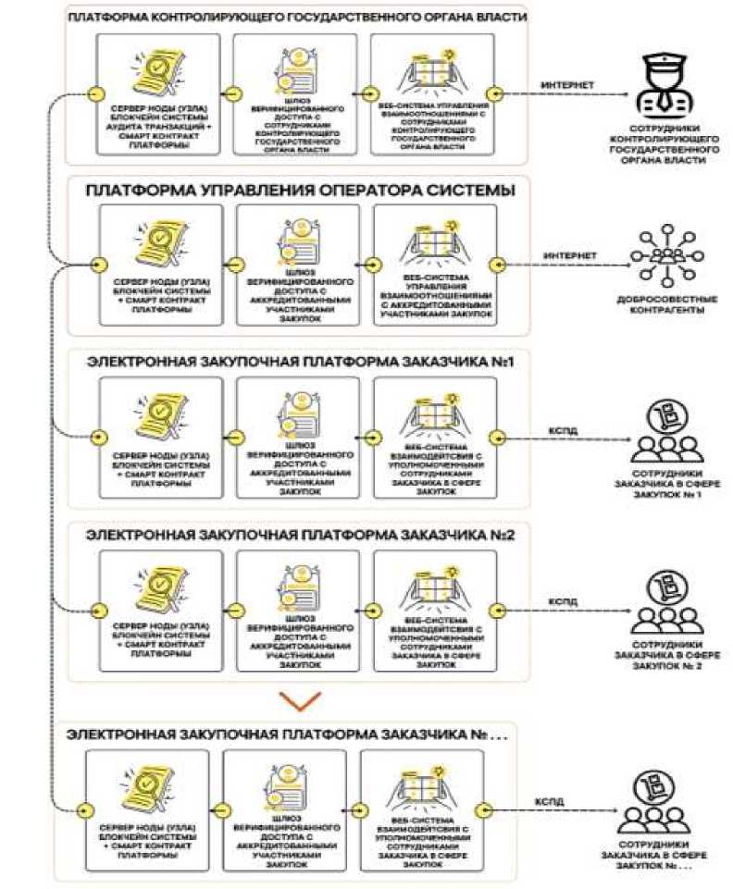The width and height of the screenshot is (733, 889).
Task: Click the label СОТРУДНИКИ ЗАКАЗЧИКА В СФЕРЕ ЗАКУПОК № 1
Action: (x=663, y=482)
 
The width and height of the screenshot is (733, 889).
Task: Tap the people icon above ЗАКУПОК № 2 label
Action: (x=663, y=602)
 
